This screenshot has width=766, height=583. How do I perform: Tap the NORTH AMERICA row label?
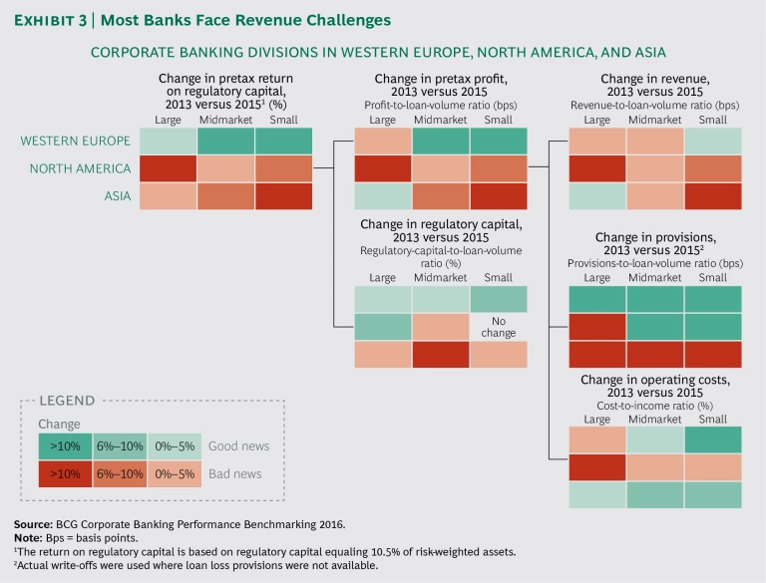[81, 169]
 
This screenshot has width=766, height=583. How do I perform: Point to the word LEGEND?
[67, 401]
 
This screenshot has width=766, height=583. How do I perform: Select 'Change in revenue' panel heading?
[655, 80]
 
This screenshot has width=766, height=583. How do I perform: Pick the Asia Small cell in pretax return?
[283, 197]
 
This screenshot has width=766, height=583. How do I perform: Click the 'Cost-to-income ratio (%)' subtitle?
[655, 406]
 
